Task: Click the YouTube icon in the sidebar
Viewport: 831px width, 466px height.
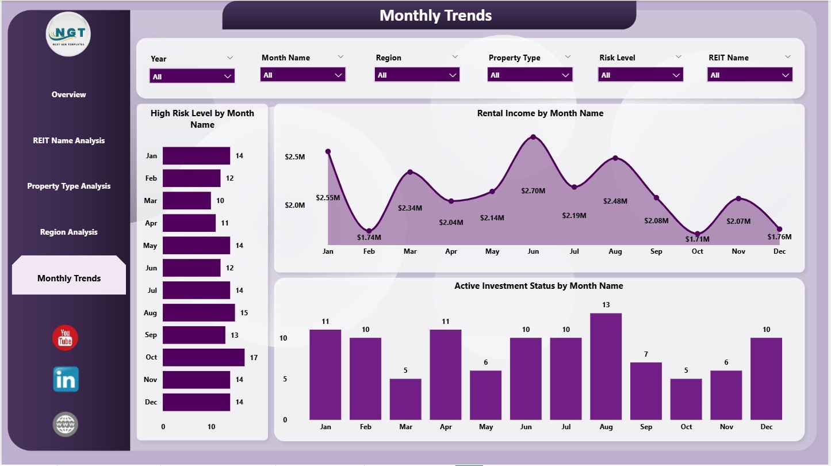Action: pyautogui.click(x=65, y=338)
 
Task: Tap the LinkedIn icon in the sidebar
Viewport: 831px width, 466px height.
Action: pyautogui.click(x=66, y=380)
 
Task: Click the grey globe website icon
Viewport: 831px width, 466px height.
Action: pyautogui.click(x=65, y=425)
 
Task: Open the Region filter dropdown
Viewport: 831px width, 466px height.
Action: pyautogui.click(x=417, y=75)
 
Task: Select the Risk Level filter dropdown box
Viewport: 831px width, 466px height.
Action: pyautogui.click(x=641, y=75)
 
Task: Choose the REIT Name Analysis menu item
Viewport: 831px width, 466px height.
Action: pyautogui.click(x=69, y=140)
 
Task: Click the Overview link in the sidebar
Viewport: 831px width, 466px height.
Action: pyautogui.click(x=69, y=94)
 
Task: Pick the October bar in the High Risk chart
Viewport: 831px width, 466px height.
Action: pyautogui.click(x=203, y=357)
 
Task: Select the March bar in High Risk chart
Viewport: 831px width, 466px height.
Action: pyautogui.click(x=186, y=200)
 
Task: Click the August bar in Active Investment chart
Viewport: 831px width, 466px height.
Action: pyautogui.click(x=606, y=366)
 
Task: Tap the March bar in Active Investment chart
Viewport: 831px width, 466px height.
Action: pyautogui.click(x=405, y=399)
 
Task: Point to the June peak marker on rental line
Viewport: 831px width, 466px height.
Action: pyautogui.click(x=533, y=137)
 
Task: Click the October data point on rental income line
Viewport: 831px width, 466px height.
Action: pyautogui.click(x=698, y=233)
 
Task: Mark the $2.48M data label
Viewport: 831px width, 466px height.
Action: pyautogui.click(x=615, y=201)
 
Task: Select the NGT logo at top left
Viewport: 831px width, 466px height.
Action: pyautogui.click(x=68, y=34)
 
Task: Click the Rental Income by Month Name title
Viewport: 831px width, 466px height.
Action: pyautogui.click(x=540, y=113)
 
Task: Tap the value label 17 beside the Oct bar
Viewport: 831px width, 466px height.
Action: pyautogui.click(x=254, y=357)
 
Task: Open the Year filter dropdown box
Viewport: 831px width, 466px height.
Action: pyautogui.click(x=192, y=76)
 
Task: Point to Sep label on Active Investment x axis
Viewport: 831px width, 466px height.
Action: pyautogui.click(x=645, y=427)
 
